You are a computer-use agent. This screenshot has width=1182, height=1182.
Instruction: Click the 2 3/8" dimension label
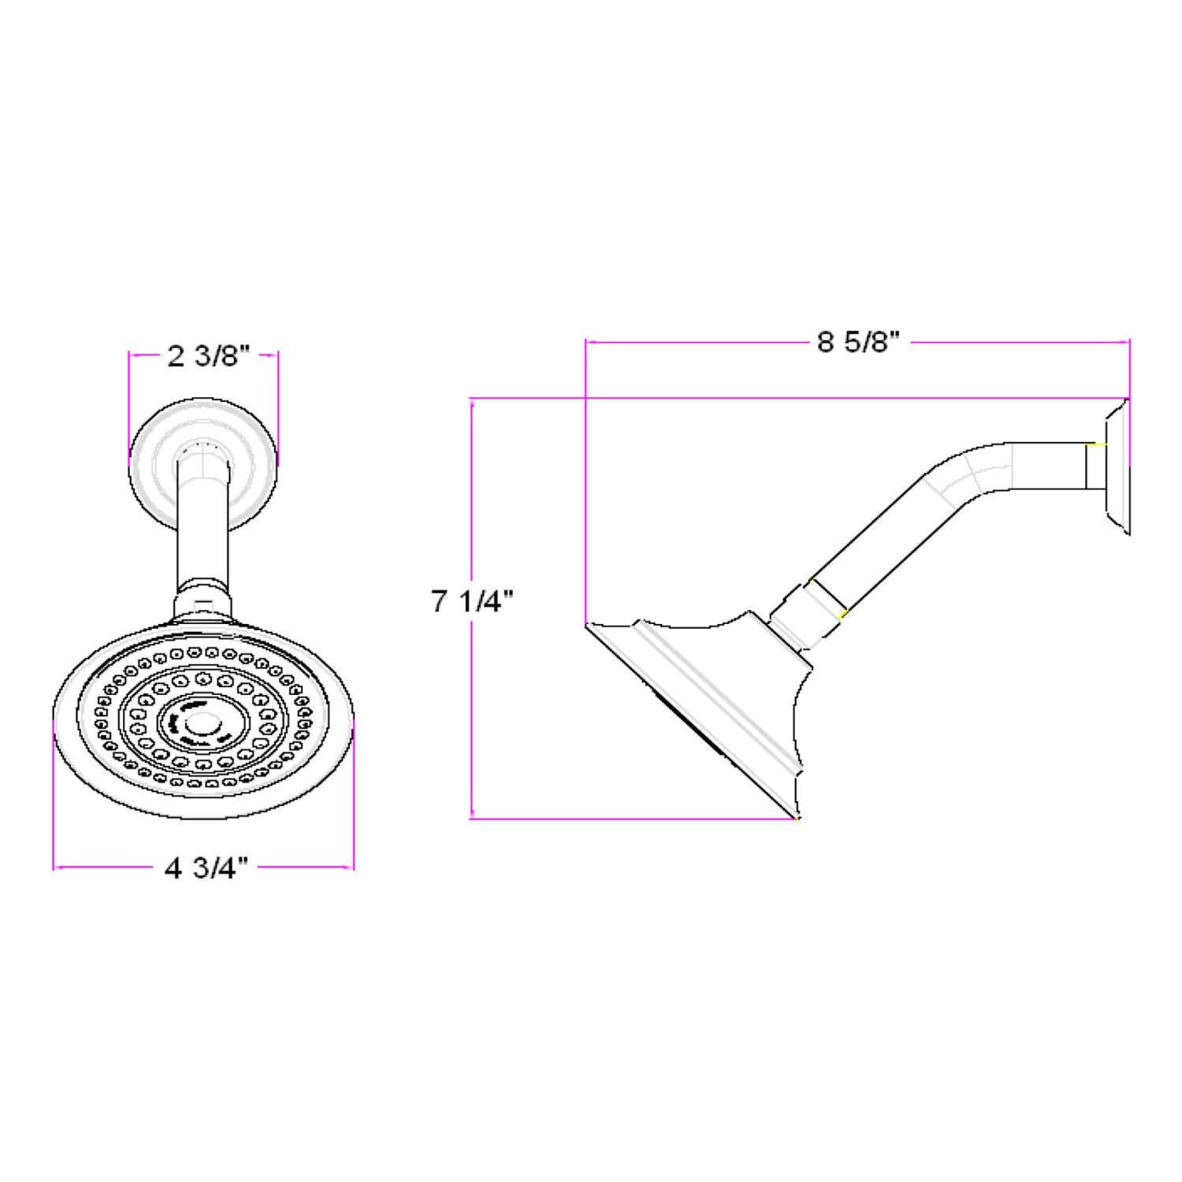[208, 357]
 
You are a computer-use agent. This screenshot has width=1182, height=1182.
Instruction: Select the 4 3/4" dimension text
[206, 868]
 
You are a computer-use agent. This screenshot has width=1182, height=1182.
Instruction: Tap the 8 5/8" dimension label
[858, 343]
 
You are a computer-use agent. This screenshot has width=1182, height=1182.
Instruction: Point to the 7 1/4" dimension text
[472, 602]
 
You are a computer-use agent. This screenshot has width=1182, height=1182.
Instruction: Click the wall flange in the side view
[1116, 469]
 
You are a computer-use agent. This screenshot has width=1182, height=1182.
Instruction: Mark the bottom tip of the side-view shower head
[797, 818]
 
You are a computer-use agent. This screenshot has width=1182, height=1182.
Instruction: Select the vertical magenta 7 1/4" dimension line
[471, 709]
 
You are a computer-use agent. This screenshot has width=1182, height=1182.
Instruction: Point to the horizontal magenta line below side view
[630, 820]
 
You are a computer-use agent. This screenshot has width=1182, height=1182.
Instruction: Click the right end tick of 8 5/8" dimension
[1129, 343]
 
